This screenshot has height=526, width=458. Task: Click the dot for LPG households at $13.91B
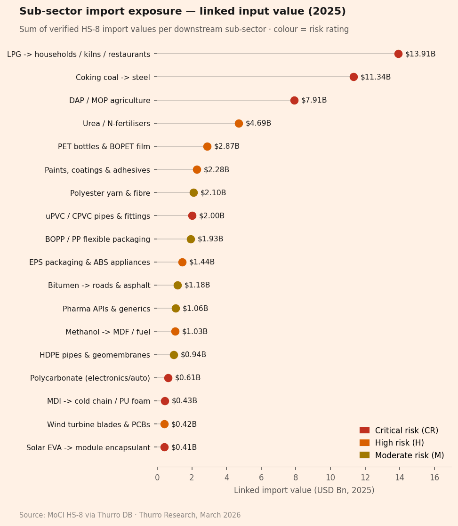398,54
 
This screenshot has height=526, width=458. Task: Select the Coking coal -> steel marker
354,77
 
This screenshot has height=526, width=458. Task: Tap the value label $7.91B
314,100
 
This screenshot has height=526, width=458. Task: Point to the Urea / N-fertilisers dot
239,123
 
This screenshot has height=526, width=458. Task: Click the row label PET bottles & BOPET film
104,147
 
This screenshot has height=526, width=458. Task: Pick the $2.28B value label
217,170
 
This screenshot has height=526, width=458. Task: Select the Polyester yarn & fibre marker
193,192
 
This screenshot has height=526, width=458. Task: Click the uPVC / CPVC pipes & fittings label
98,216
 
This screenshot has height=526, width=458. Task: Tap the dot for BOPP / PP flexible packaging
191,239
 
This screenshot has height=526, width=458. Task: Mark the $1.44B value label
202,262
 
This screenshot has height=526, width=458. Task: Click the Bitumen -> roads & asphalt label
99,286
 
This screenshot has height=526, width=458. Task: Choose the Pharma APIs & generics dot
176,308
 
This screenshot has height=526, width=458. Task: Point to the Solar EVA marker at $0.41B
164,447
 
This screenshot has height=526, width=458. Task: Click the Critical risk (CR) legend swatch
364,430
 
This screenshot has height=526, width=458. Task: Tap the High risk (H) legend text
399,443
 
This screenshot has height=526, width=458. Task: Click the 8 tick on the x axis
296,478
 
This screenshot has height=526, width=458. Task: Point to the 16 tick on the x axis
434,478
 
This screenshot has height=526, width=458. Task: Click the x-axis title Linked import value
304,490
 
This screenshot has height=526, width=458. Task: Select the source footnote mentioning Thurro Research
130,515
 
